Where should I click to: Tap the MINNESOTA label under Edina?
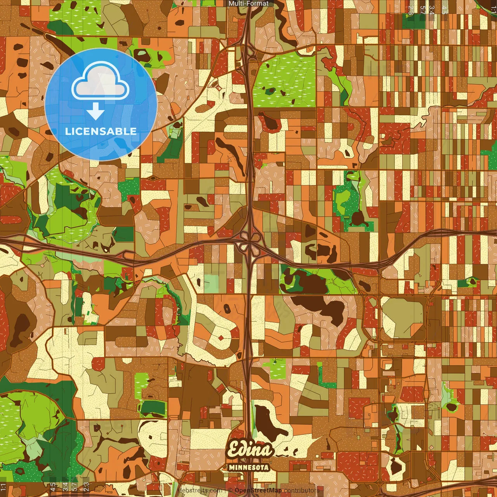coord(249,467)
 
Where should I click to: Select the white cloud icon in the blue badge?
coord(101,83)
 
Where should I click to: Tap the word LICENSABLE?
coord(101,131)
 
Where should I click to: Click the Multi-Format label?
coord(248,3)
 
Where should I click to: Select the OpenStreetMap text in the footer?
coord(258,490)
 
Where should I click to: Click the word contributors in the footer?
coord(302,490)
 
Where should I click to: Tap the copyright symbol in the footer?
coord(230,490)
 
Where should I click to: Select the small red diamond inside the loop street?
coord(221,338)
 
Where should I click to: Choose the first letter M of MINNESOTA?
coord(232,467)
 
